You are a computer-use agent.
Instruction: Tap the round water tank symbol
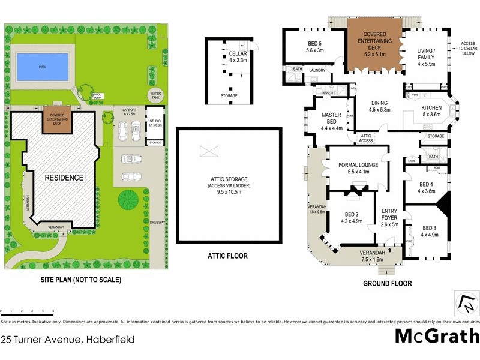pos(156,95)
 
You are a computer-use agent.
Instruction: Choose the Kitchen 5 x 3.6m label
pos(431,110)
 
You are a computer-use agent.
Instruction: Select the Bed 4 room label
pos(427,188)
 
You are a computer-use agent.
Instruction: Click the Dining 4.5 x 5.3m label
pos(379,106)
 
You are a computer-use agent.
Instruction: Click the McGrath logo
pos(436,336)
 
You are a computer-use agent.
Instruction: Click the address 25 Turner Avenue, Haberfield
pos(67,340)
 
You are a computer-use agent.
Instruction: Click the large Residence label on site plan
pos(62,178)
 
